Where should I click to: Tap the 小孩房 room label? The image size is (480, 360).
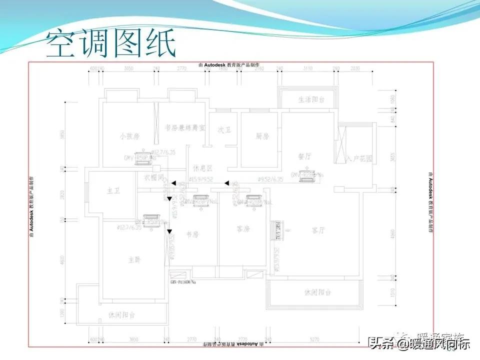point(128,136)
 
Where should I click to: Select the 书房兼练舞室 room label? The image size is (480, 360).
point(184,127)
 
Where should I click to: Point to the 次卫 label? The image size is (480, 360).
point(223,129)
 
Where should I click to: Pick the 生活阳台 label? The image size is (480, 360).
point(311,99)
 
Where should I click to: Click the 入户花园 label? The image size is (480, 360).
point(360,158)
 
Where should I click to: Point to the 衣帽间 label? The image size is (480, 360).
point(154,177)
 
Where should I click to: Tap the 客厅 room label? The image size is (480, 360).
point(318,230)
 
